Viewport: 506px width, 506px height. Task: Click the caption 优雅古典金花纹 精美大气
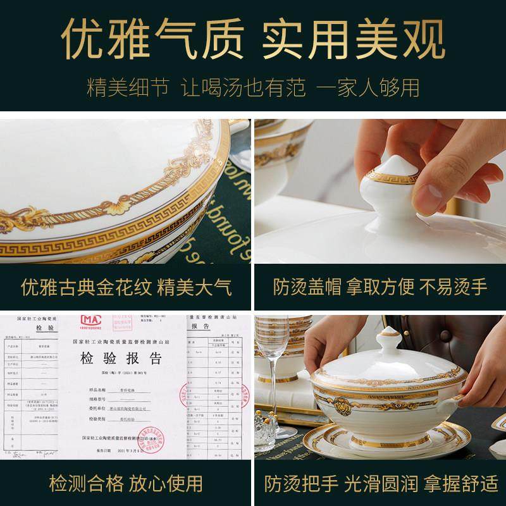click(x=127, y=287)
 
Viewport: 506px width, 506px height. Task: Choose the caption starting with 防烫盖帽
click(x=380, y=287)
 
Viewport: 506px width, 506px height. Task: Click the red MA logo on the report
click(x=89, y=318)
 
